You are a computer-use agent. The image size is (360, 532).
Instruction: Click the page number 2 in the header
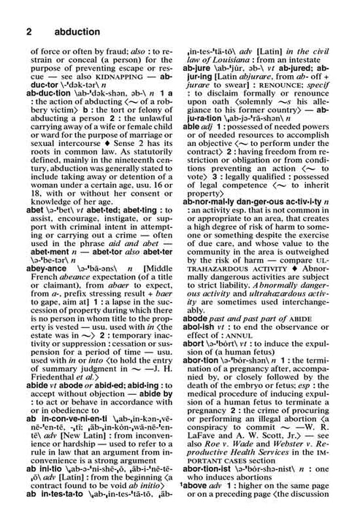point(28,31)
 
